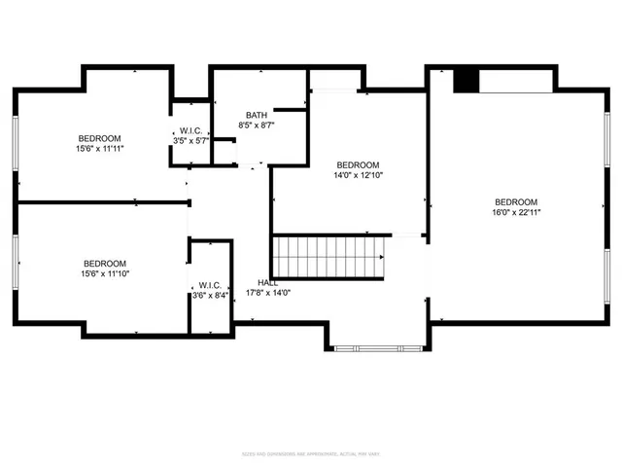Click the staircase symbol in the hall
coord(328,257)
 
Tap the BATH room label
coord(256,115)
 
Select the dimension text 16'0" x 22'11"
coord(516,212)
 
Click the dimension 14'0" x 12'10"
coord(358,176)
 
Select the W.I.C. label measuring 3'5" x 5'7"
coord(190,131)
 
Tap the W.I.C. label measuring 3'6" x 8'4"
coord(210,284)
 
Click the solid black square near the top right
coord(467,81)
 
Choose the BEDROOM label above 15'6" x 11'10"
coord(104,264)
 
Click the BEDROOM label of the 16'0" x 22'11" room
coord(516,201)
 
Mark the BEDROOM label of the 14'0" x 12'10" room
coord(358,165)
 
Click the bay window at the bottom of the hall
coord(375,347)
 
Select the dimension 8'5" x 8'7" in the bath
coord(257,126)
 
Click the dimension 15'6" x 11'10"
coord(104,274)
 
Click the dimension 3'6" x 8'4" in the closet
coord(210,295)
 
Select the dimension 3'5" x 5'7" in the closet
coord(190,142)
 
